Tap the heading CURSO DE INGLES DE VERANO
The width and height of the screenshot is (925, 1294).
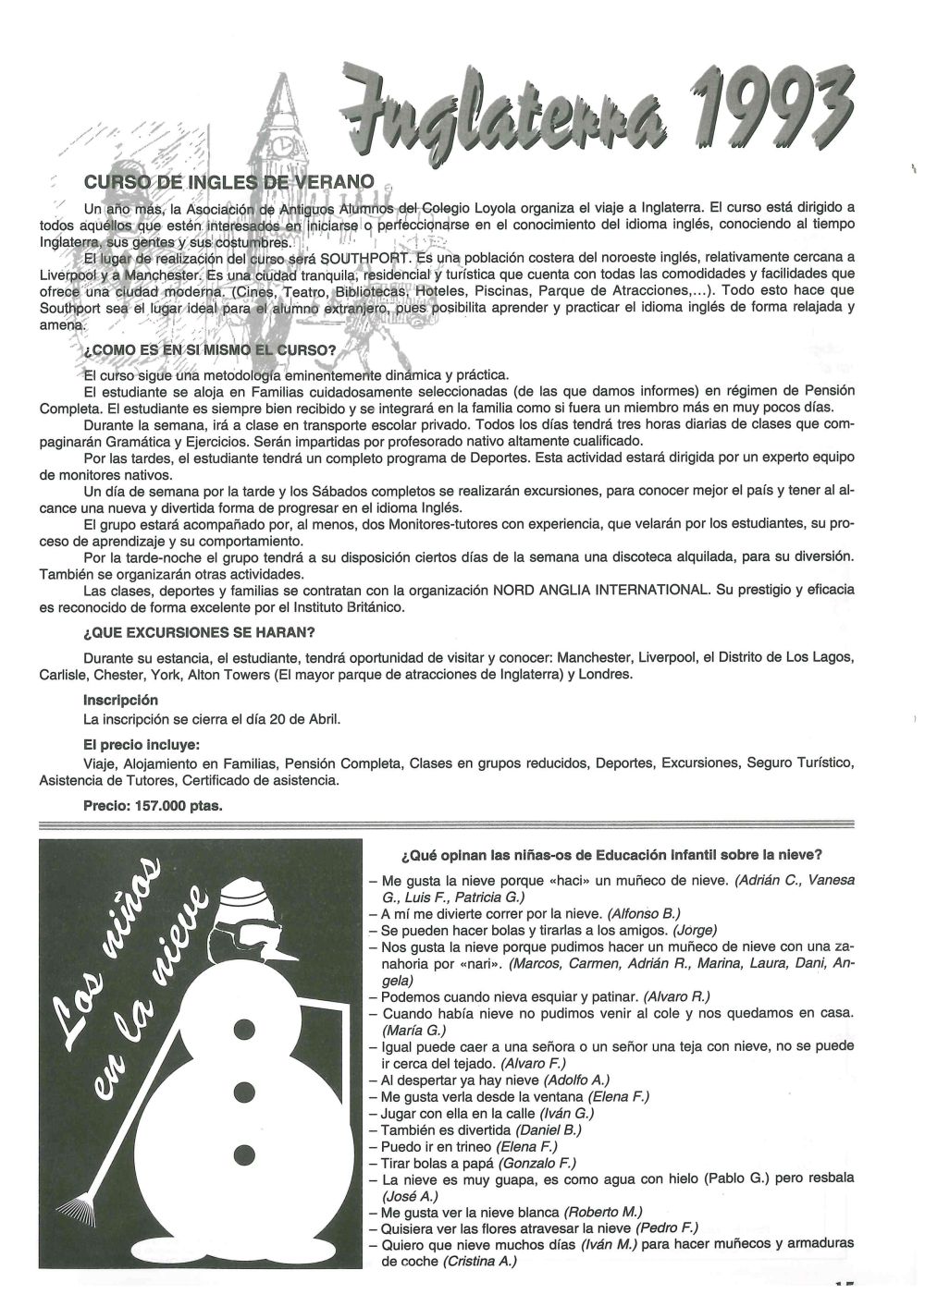228,182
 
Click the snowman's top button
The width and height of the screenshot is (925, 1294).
246,1028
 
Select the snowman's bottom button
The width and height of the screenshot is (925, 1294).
245,1153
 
